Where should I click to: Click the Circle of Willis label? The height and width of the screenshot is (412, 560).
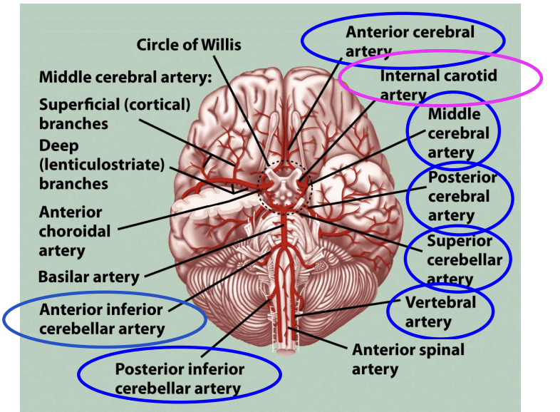pos(189,45)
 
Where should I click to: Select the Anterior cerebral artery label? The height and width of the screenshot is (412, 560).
pos(410,41)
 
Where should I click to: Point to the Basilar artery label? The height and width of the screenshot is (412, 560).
pos(88,276)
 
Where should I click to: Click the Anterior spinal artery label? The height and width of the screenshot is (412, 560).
pos(408,359)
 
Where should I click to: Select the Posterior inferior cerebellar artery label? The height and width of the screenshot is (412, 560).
pos(179,379)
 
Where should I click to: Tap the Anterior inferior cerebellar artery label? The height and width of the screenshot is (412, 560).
pos(101,319)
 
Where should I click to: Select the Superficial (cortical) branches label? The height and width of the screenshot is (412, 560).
pos(115,114)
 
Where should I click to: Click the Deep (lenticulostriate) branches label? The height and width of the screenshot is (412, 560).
pos(101,164)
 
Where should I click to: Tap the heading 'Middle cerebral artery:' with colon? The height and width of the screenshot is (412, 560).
pos(125,77)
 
